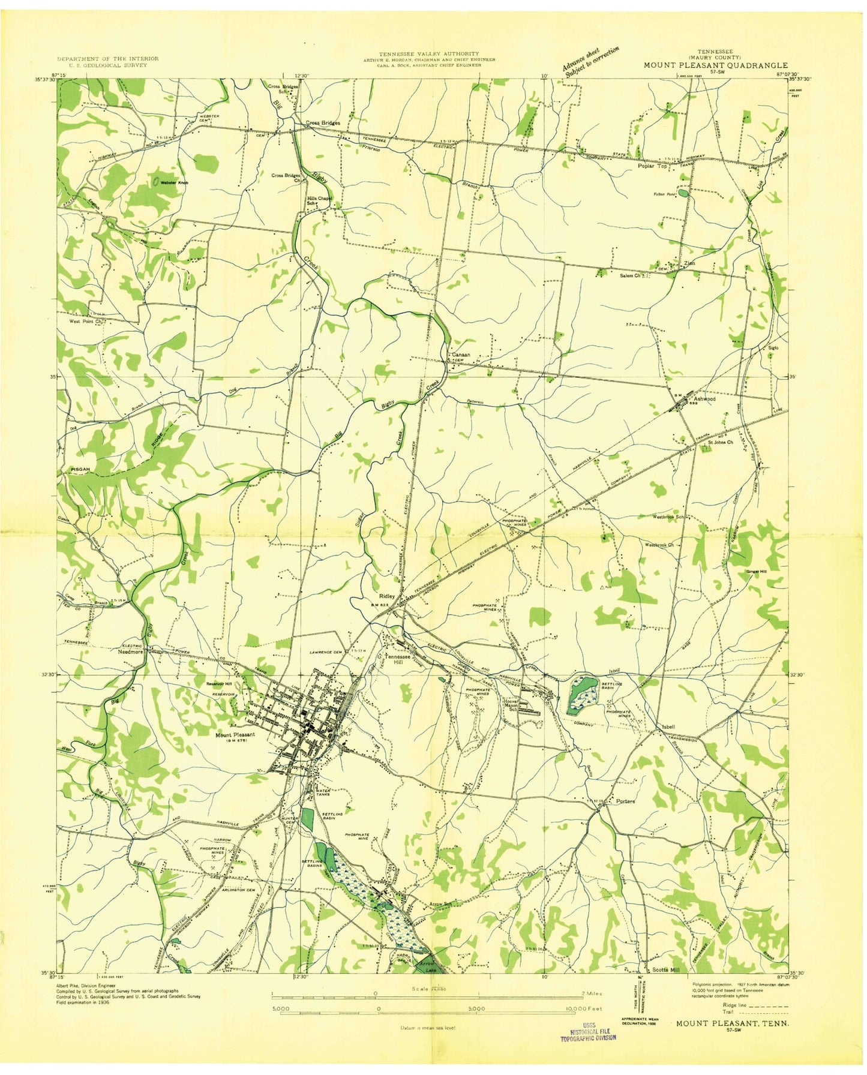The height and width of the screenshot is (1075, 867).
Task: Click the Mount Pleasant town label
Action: pyautogui.click(x=235, y=734)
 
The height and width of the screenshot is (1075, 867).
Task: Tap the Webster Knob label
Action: pyautogui.click(x=175, y=182)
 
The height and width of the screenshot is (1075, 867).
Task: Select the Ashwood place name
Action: pyautogui.click(x=704, y=398)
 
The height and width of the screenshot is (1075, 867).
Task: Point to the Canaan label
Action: pyautogui.click(x=461, y=355)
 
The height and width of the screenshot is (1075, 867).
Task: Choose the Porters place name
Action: pyautogui.click(x=625, y=801)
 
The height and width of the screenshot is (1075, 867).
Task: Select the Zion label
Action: pyautogui.click(x=689, y=263)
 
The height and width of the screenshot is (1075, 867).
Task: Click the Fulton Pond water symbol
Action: pyautogui.click(x=684, y=194)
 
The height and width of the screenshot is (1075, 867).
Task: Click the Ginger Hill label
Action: pyautogui.click(x=756, y=571)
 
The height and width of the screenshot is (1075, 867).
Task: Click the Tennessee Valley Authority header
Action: pyautogui.click(x=428, y=54)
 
